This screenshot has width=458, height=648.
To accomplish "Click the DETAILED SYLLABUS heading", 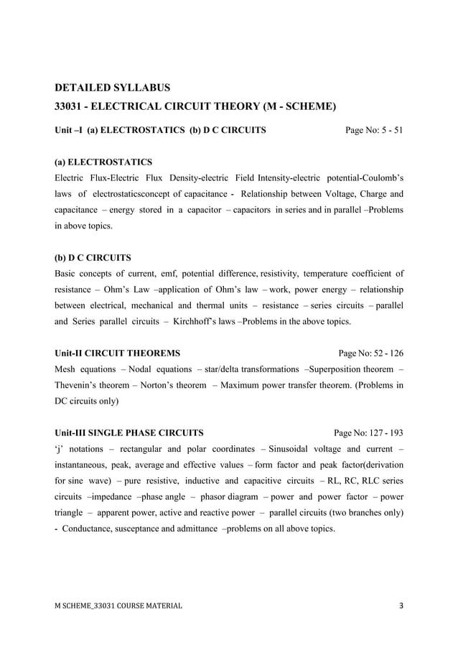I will point(113,88).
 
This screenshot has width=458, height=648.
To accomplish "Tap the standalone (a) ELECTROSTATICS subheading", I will point(103,162).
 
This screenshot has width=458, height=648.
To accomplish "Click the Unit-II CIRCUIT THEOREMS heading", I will point(118,353).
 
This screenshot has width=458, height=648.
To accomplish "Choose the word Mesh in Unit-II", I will point(67,369).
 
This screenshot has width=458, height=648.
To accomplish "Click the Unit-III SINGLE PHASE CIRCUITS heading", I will point(129,433).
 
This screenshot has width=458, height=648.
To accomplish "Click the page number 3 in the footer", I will point(401,606).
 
